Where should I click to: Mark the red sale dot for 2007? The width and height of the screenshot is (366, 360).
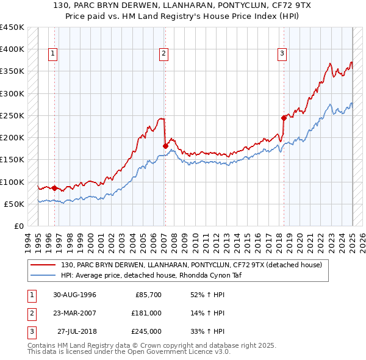tap(165, 145)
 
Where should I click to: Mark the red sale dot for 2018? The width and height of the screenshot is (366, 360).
tap(284, 117)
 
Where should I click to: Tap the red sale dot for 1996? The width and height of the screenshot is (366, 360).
tap(55, 188)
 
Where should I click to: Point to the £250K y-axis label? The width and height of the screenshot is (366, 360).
tap(12, 115)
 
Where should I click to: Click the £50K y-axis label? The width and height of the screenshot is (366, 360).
tap(14, 204)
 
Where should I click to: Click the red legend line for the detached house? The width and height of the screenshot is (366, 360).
tap(43, 265)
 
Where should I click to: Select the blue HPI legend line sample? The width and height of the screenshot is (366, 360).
tap(43, 276)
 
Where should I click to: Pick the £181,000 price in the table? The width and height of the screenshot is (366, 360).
tap(146, 313)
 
